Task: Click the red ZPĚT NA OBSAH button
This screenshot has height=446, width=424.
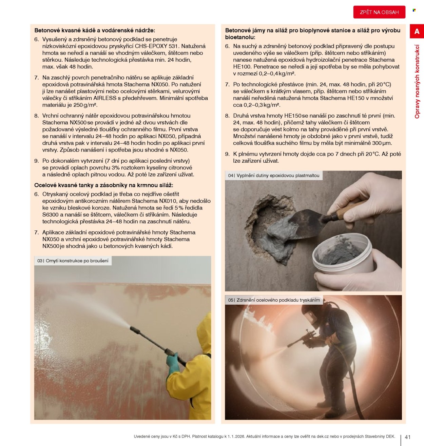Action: tap(379, 12)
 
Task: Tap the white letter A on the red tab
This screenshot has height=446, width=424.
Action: tap(417, 31)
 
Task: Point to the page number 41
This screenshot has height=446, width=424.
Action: tap(408, 437)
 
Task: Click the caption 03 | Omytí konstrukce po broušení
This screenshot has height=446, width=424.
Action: tap(73, 261)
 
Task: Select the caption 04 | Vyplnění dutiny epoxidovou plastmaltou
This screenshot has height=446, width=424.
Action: tap(274, 175)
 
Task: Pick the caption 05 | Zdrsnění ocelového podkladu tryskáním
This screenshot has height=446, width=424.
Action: tap(274, 300)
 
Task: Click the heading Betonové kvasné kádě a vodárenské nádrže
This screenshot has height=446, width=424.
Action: tap(95, 31)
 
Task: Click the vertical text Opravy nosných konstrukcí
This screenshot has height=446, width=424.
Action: tap(417, 81)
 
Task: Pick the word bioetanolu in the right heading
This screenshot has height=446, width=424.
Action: tap(240, 37)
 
